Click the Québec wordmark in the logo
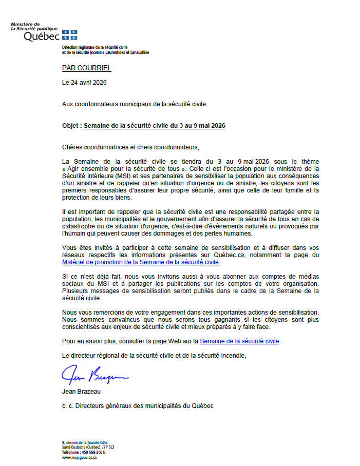42,36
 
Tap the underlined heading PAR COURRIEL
86,68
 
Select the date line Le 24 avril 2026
84,82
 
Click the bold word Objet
71,125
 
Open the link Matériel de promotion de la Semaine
140,262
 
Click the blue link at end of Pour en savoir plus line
239,341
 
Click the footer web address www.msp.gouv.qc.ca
80,457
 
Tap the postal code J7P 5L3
107,448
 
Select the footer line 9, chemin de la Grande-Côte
85,442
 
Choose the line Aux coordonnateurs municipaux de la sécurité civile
134,104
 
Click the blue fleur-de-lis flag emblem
69,35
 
